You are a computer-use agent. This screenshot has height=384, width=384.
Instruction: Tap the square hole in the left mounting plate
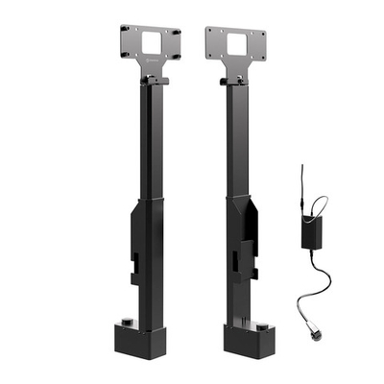tap(153, 43)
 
